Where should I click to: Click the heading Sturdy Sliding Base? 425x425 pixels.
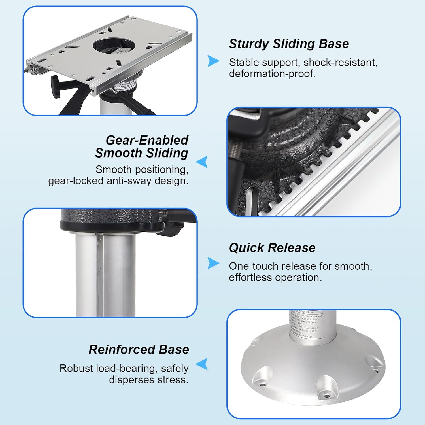click(x=289, y=44)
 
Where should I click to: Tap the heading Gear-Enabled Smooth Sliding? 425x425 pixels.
click(x=142, y=146)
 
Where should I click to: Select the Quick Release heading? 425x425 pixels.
click(x=272, y=248)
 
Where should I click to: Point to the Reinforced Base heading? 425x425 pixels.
click(x=139, y=350)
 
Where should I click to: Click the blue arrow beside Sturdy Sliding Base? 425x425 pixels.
click(x=213, y=61)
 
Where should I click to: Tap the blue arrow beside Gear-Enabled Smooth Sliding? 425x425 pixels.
click(x=202, y=162)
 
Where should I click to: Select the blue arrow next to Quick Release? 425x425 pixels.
click(x=213, y=263)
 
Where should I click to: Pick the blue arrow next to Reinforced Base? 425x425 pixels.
click(x=202, y=364)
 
